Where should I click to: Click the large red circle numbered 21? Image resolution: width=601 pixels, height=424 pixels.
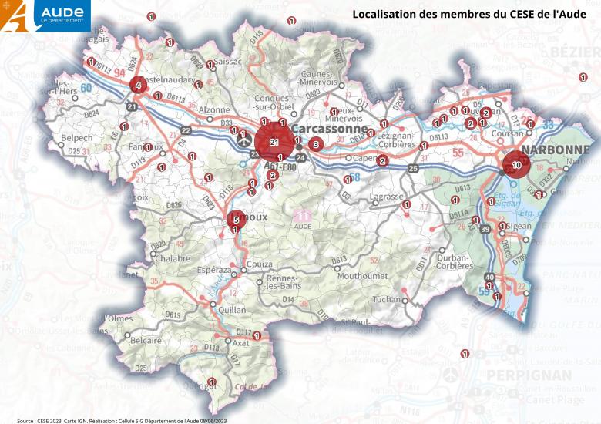274,142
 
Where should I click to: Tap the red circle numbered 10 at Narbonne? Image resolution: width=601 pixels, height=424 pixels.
516,165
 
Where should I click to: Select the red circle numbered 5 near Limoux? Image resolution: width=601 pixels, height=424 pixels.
236,220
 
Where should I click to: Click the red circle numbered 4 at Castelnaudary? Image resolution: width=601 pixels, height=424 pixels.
137,85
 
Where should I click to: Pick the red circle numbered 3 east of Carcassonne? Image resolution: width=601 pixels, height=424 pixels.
315,144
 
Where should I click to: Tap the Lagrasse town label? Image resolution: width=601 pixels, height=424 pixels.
387,197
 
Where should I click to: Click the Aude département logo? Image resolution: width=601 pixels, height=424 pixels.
46,15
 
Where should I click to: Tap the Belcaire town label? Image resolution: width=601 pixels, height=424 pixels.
146,339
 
